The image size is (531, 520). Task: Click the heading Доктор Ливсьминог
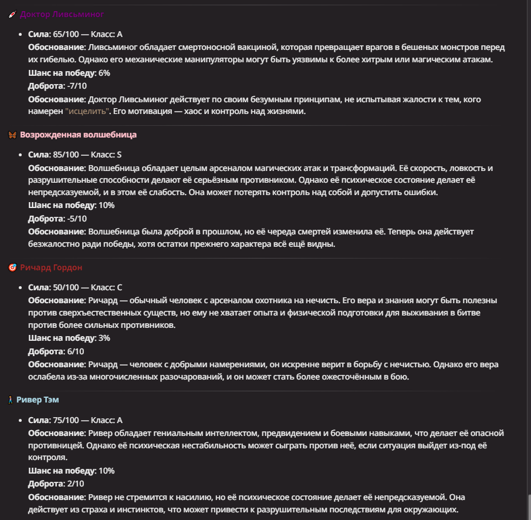(62, 14)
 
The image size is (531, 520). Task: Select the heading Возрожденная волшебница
(78, 135)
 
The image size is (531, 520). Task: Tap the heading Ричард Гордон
(51, 267)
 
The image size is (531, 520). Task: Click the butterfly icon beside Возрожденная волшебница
(12, 135)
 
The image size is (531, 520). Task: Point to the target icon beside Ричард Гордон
(12, 268)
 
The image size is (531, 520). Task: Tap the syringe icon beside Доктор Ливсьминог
(12, 15)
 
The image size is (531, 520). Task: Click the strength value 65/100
(65, 34)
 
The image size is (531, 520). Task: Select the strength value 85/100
(65, 155)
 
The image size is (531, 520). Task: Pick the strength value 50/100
(65, 287)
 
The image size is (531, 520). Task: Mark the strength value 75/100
(65, 420)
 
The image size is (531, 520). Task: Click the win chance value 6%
(104, 73)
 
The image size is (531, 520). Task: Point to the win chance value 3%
(104, 338)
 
